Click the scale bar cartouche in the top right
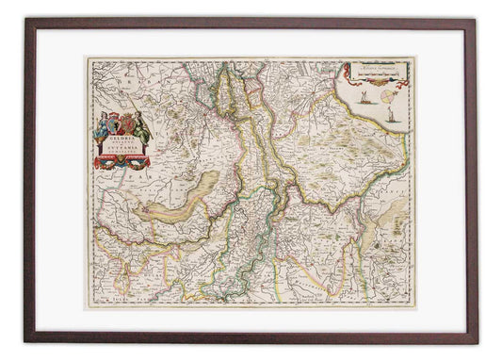click(x=381, y=71)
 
